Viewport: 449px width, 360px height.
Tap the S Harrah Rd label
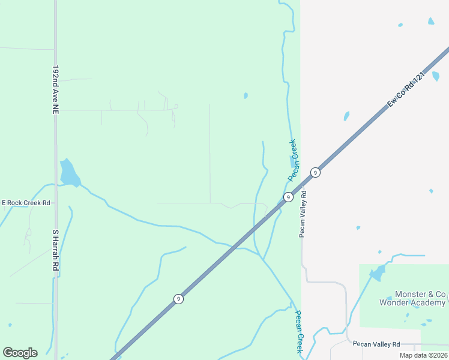[x=55, y=249]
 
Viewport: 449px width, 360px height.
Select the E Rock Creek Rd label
[x=26, y=203]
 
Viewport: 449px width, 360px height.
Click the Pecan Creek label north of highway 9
[x=292, y=160]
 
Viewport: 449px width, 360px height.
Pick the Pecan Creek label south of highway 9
[x=298, y=332]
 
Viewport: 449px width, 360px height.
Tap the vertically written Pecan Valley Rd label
[x=303, y=214]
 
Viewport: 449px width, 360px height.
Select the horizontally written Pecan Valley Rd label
[x=376, y=344]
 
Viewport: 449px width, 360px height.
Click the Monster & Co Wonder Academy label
[x=412, y=299]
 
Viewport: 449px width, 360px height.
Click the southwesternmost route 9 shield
[x=178, y=299]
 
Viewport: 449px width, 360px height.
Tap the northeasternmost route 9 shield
[x=315, y=173]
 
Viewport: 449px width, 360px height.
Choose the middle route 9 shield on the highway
[x=288, y=197]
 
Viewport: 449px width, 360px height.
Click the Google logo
[x=20, y=353]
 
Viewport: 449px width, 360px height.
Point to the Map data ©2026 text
[x=423, y=355]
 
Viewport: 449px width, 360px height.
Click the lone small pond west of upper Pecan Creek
[x=246, y=95]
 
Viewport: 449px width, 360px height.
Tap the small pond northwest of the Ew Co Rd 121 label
[x=346, y=115]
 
